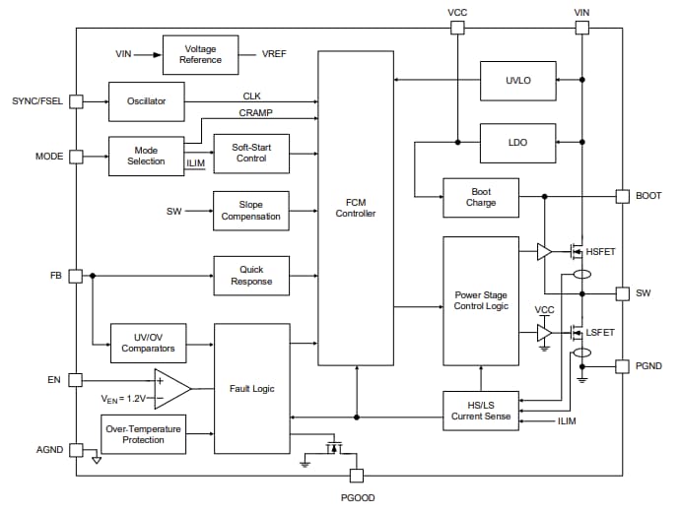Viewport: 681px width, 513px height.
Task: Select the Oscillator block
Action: tap(146, 101)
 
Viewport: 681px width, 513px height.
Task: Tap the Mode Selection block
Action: tap(146, 156)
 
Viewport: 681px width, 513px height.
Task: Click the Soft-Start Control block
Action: tap(251, 154)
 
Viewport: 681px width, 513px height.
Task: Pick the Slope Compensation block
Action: tap(251, 211)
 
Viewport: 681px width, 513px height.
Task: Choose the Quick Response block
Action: tap(251, 276)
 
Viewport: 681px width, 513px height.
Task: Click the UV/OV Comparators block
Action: tap(148, 343)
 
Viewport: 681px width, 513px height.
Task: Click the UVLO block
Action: tap(517, 80)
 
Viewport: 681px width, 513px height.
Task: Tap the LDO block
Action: tap(517, 143)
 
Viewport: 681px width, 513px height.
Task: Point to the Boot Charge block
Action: tap(481, 197)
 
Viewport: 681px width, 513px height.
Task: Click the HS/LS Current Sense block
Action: tap(481, 411)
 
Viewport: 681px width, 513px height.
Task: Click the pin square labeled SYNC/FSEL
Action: tap(76, 101)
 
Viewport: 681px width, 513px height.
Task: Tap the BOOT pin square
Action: tap(622, 196)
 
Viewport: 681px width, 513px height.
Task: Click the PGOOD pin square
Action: tap(357, 476)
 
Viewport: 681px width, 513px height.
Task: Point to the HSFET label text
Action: tap(600, 253)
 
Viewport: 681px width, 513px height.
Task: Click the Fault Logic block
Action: tap(251, 388)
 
